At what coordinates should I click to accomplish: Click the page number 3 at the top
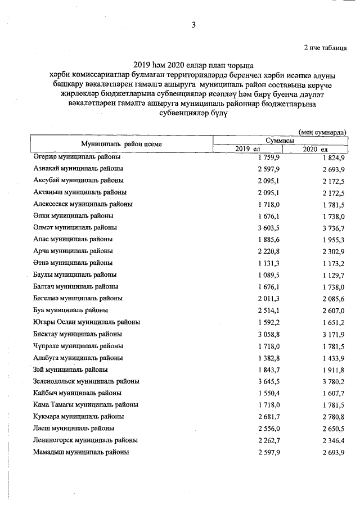(193, 25)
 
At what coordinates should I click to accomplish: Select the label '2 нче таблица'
(325, 48)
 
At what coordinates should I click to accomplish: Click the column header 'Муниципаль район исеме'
(121, 144)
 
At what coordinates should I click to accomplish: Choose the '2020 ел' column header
(315, 148)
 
